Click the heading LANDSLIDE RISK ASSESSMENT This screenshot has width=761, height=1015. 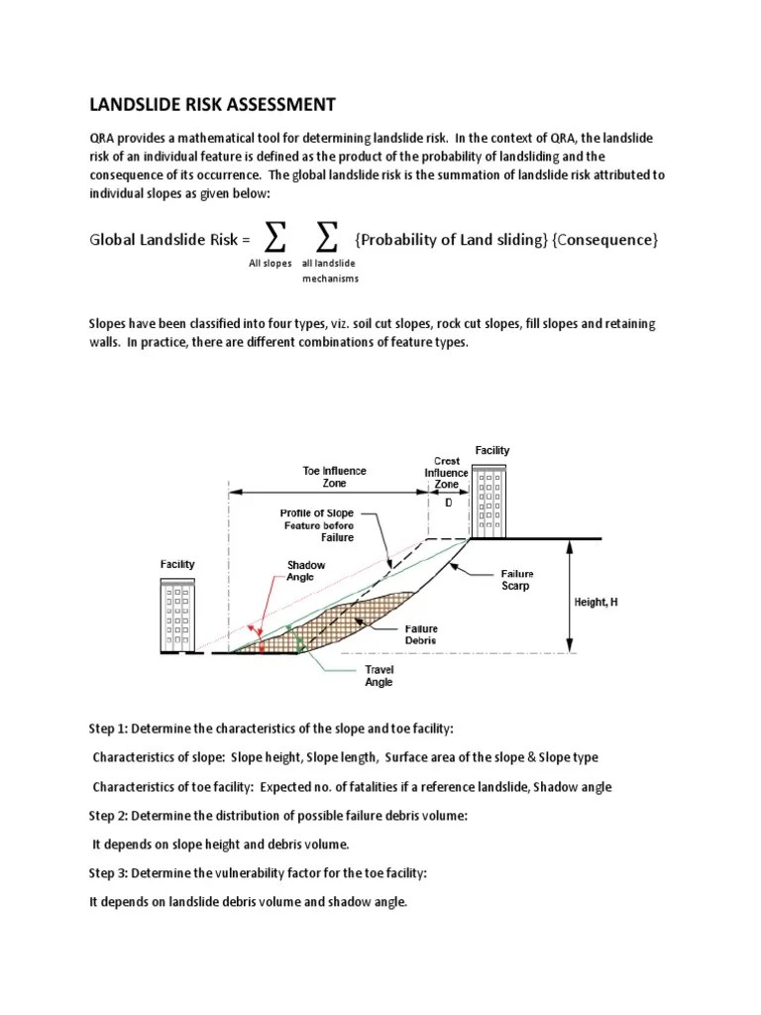(213, 105)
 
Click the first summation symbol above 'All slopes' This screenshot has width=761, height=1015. (276, 238)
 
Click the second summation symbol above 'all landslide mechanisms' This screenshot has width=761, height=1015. (326, 238)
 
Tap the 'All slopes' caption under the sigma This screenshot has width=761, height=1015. (270, 264)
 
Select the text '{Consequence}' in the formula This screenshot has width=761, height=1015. (605, 239)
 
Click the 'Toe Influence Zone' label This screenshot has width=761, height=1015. (334, 477)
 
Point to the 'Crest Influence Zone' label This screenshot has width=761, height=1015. (447, 473)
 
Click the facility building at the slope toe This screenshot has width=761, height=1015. (178, 615)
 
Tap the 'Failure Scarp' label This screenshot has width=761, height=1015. (516, 580)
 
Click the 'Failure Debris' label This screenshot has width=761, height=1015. (420, 634)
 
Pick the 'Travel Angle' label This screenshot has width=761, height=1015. (379, 676)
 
